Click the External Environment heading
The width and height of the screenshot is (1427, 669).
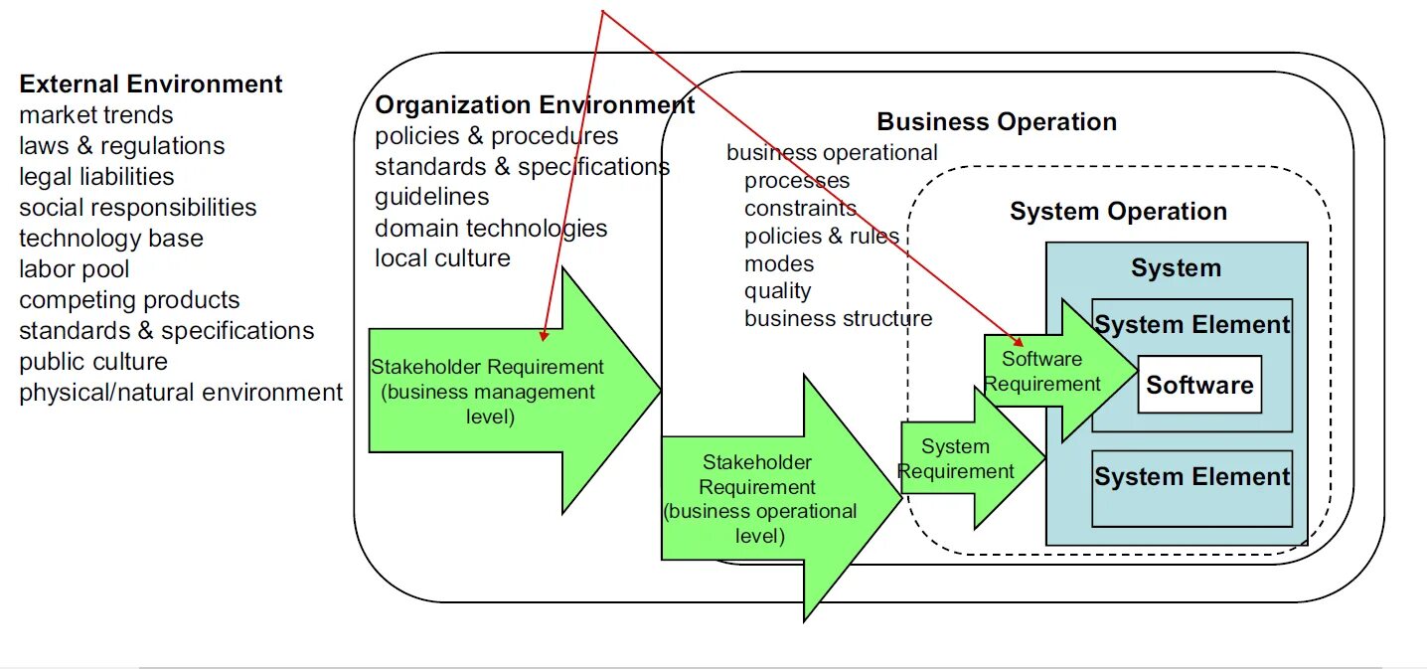[x=151, y=84]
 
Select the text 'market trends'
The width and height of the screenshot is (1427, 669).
[x=96, y=115]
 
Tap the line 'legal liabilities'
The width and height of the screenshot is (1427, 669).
[x=96, y=177]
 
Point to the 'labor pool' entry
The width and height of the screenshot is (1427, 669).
[x=75, y=269]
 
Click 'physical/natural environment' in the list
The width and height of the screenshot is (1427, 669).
[x=181, y=393]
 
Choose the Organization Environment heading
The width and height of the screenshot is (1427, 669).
[x=535, y=105]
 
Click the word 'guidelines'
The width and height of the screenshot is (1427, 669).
[x=432, y=197]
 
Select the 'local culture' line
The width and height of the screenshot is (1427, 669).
[x=442, y=258]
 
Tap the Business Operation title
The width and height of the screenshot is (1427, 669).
[x=997, y=122]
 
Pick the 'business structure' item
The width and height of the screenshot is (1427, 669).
[x=838, y=319]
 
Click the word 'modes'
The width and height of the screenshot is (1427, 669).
[x=779, y=264]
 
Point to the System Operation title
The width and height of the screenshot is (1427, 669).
[x=1118, y=212]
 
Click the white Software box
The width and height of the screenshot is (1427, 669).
[x=1199, y=385]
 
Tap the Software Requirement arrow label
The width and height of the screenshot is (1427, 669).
[x=1042, y=371]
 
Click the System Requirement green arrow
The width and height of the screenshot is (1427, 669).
[x=958, y=459]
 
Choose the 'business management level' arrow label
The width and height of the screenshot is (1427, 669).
[x=488, y=392]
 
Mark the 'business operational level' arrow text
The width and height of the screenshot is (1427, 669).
[x=760, y=499]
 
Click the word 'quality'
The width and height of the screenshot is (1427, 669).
[x=777, y=291]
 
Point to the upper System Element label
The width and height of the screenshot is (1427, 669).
[x=1191, y=325]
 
